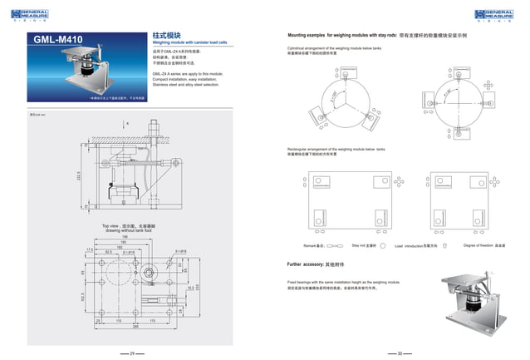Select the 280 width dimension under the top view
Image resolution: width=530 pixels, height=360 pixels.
(x=124, y=326)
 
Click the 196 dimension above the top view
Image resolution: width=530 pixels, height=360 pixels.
(x=124, y=237)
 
